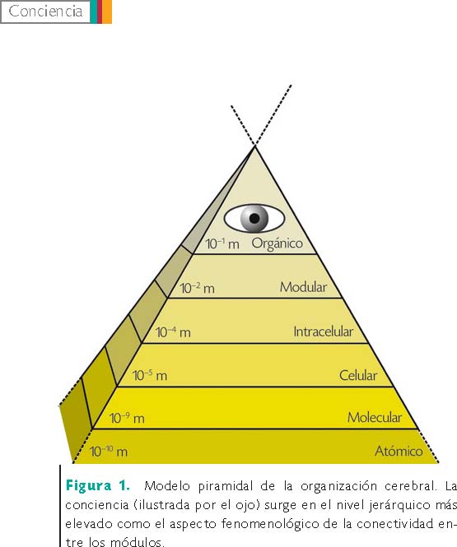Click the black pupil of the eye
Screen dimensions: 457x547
point(254,218)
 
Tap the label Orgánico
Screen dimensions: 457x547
point(277,243)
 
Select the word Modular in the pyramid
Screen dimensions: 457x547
point(303,287)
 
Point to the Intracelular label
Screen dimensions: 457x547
point(324,331)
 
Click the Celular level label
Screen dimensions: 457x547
point(358,375)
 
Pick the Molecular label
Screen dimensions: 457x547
point(375,417)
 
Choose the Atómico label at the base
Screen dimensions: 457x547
point(399,451)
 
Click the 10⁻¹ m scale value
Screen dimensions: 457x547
point(222,243)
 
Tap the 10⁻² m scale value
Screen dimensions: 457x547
point(198,288)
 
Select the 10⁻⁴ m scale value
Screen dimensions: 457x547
point(173,332)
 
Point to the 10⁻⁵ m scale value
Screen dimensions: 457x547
point(150,375)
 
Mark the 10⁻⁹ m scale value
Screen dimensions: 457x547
point(127,418)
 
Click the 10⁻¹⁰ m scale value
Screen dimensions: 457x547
point(109,452)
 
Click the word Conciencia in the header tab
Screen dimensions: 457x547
point(45,12)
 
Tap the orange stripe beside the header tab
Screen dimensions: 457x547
point(107,12)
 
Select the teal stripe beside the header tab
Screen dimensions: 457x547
point(94,12)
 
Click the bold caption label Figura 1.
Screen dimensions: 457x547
point(98,485)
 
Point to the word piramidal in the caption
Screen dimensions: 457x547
point(226,486)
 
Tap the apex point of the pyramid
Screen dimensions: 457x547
point(255,146)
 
